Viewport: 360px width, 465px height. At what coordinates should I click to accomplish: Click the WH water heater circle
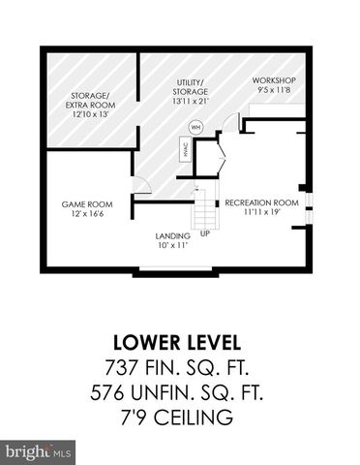[x=195, y=126]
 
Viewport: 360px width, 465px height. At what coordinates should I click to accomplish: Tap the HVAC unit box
[x=184, y=150]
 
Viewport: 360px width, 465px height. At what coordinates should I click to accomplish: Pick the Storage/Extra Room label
[x=90, y=100]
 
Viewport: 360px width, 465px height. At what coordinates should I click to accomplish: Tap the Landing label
[x=172, y=235]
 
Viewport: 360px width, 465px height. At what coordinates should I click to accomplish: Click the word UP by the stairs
[x=205, y=233]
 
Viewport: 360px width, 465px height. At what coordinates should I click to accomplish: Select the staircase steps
[x=203, y=208]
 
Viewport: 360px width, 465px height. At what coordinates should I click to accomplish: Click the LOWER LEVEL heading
[x=181, y=342]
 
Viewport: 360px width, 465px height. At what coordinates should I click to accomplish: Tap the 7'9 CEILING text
[x=180, y=418]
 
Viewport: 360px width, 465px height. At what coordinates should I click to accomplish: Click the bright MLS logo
[x=39, y=451]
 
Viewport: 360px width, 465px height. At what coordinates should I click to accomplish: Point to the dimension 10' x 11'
[x=172, y=245]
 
